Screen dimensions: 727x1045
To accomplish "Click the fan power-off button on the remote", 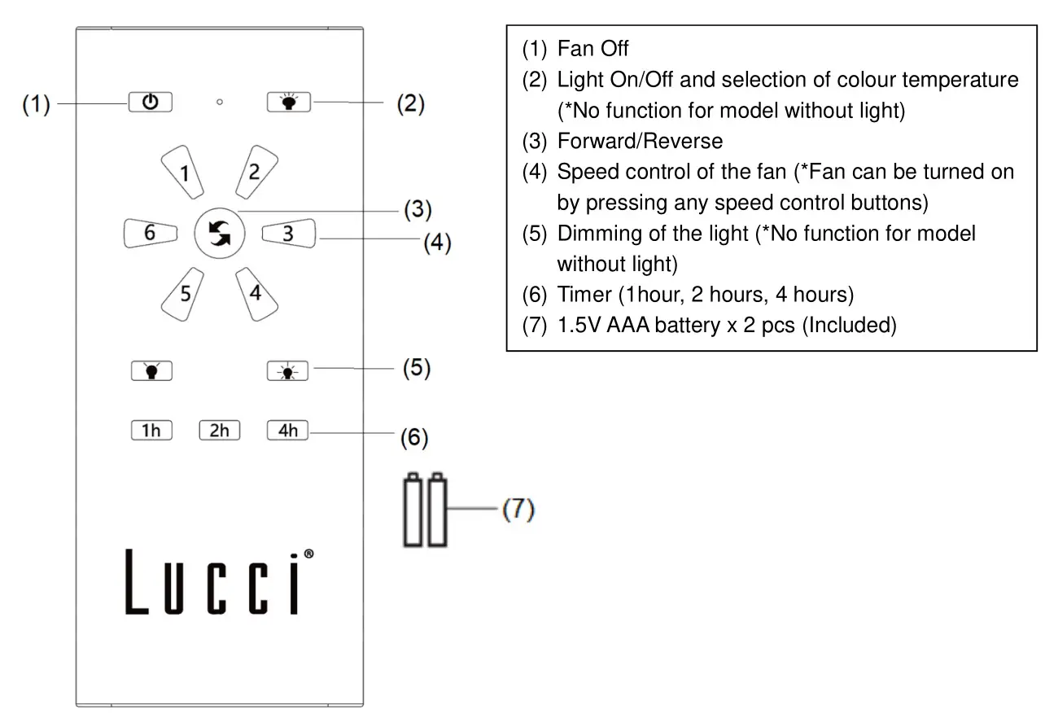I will [x=150, y=103].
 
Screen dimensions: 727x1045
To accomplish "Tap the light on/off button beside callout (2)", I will [x=288, y=103].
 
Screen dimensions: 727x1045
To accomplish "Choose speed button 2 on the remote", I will [x=255, y=172].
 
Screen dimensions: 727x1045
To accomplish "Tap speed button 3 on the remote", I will [x=287, y=234].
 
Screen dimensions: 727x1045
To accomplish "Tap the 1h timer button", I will [x=151, y=430].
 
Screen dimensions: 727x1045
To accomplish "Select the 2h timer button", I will [x=220, y=430].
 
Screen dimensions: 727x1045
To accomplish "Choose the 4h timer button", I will [x=288, y=430].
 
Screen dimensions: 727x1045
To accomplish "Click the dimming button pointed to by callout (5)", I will [x=288, y=371].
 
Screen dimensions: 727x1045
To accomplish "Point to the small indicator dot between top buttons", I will [x=220, y=103].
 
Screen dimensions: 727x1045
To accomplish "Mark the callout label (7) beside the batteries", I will [x=518, y=510].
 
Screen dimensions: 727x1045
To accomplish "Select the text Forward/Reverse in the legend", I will [x=640, y=141].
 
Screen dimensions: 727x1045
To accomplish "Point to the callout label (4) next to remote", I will [x=437, y=243].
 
